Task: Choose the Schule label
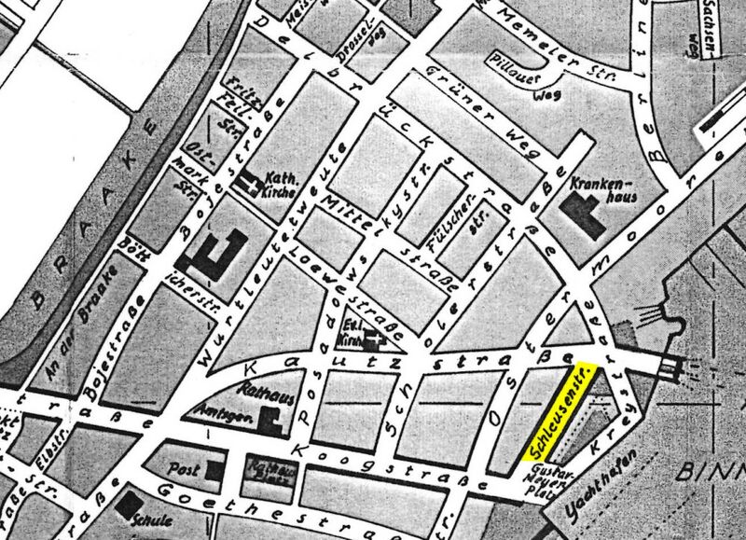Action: [x=157, y=521]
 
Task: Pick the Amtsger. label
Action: [x=214, y=413]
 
